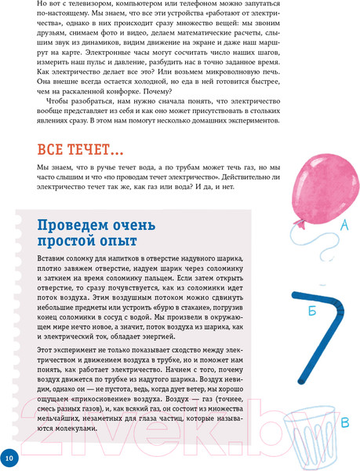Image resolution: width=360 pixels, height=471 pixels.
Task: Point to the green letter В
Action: click(x=346, y=425)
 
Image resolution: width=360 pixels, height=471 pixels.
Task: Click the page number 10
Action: click(x=9, y=457)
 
